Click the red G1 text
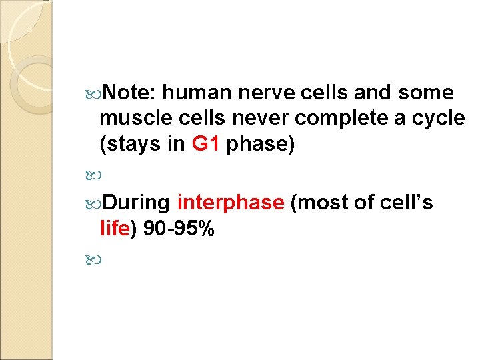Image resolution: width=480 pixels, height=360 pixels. [206, 145]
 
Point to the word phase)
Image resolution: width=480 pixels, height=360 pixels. [261, 145]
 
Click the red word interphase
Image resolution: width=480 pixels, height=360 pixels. [231, 202]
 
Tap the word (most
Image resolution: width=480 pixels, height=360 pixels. [315, 202]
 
